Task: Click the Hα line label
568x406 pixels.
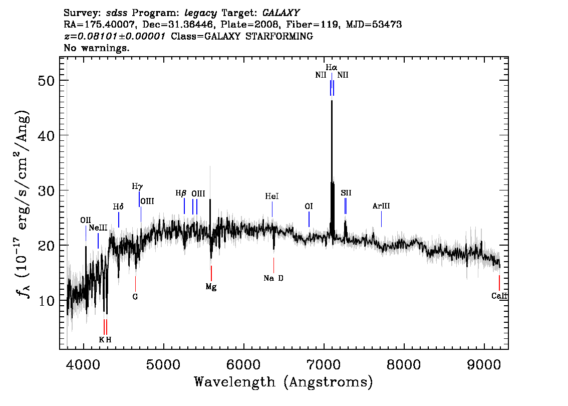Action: pyautogui.click(x=332, y=68)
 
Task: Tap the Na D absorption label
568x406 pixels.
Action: pyautogui.click(x=273, y=278)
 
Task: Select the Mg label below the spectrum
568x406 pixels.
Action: pyautogui.click(x=211, y=287)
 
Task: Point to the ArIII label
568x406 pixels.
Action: pyautogui.click(x=381, y=206)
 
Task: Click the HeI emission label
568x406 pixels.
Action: pyautogui.click(x=272, y=196)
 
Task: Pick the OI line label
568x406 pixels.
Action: pyautogui.click(x=309, y=207)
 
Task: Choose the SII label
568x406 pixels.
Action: pyautogui.click(x=346, y=193)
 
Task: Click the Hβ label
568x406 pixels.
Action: pyautogui.click(x=181, y=193)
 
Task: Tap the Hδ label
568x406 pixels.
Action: pyautogui.click(x=118, y=207)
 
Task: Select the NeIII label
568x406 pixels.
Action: pyautogui.click(x=98, y=228)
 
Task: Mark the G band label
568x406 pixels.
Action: pyautogui.click(x=135, y=297)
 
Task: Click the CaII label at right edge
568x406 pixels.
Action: pyautogui.click(x=499, y=296)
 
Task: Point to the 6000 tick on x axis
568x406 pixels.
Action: pyautogui.click(x=244, y=364)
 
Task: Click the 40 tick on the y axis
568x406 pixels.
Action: pyautogui.click(x=46, y=135)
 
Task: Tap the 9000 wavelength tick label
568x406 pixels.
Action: pyautogui.click(x=484, y=364)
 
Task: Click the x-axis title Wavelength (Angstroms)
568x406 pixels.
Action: pyautogui.click(x=283, y=382)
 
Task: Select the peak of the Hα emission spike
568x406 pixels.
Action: pyautogui.click(x=332, y=101)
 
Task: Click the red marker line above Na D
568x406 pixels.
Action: pyautogui.click(x=273, y=265)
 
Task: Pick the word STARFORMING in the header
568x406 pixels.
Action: pyautogui.click(x=279, y=36)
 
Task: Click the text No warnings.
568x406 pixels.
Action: pyautogui.click(x=96, y=48)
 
